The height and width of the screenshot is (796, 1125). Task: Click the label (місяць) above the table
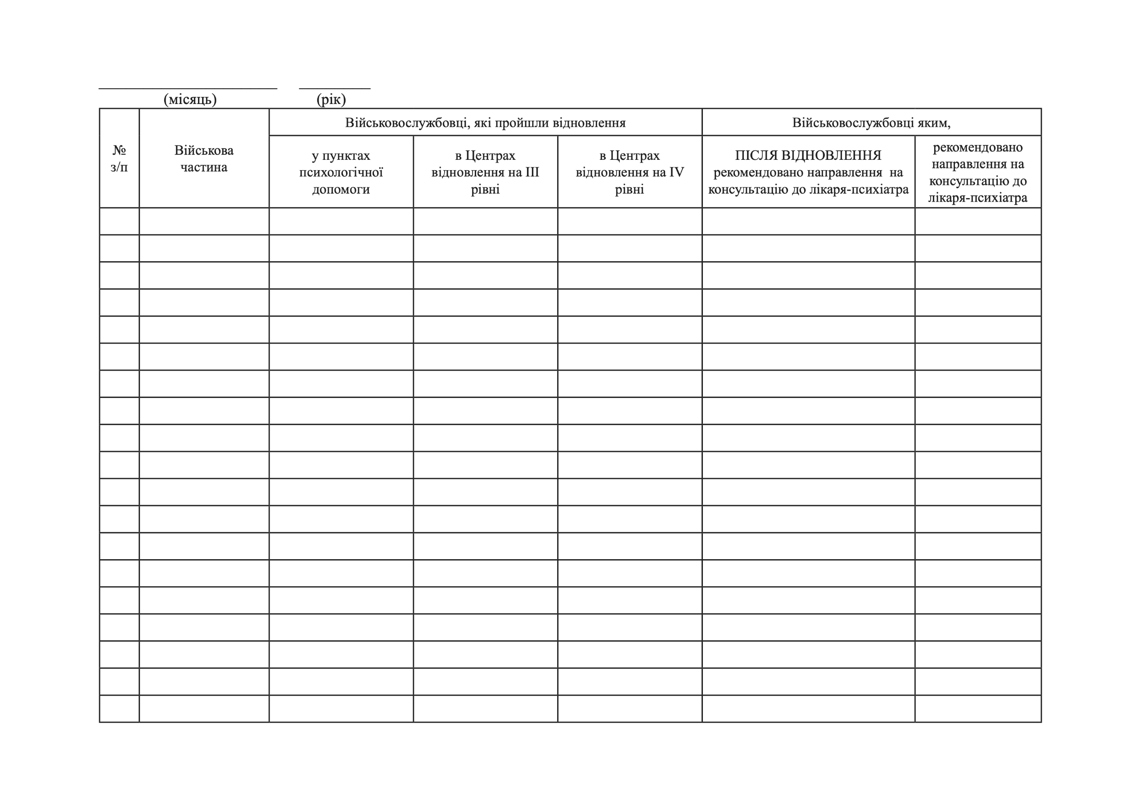tap(189, 99)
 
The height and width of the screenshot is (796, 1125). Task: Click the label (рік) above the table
tap(331, 99)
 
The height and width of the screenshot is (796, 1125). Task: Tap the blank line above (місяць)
tap(188, 88)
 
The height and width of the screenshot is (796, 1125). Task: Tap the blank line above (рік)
tap(335, 88)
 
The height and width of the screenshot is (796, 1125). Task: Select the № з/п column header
tap(119, 158)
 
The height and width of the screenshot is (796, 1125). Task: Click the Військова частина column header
tap(204, 158)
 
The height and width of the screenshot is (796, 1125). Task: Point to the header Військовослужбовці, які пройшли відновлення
tap(485, 122)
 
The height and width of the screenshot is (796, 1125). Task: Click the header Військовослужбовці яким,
tap(871, 122)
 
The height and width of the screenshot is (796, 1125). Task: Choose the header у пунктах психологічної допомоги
tap(341, 172)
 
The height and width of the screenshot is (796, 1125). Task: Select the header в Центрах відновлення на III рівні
tap(485, 172)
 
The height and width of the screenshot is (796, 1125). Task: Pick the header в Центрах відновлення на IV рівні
tap(630, 172)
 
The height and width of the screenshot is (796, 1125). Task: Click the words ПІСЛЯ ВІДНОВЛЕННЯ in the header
tap(808, 155)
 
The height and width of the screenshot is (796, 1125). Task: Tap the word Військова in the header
tap(204, 150)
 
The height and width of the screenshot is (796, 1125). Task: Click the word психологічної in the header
tap(341, 172)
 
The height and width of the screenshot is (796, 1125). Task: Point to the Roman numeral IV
tap(676, 172)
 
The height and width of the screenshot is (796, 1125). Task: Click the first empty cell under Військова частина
tap(204, 221)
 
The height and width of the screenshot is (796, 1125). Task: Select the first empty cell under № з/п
tap(119, 221)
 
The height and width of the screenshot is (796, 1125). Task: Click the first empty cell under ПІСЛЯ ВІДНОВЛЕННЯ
tap(808, 221)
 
